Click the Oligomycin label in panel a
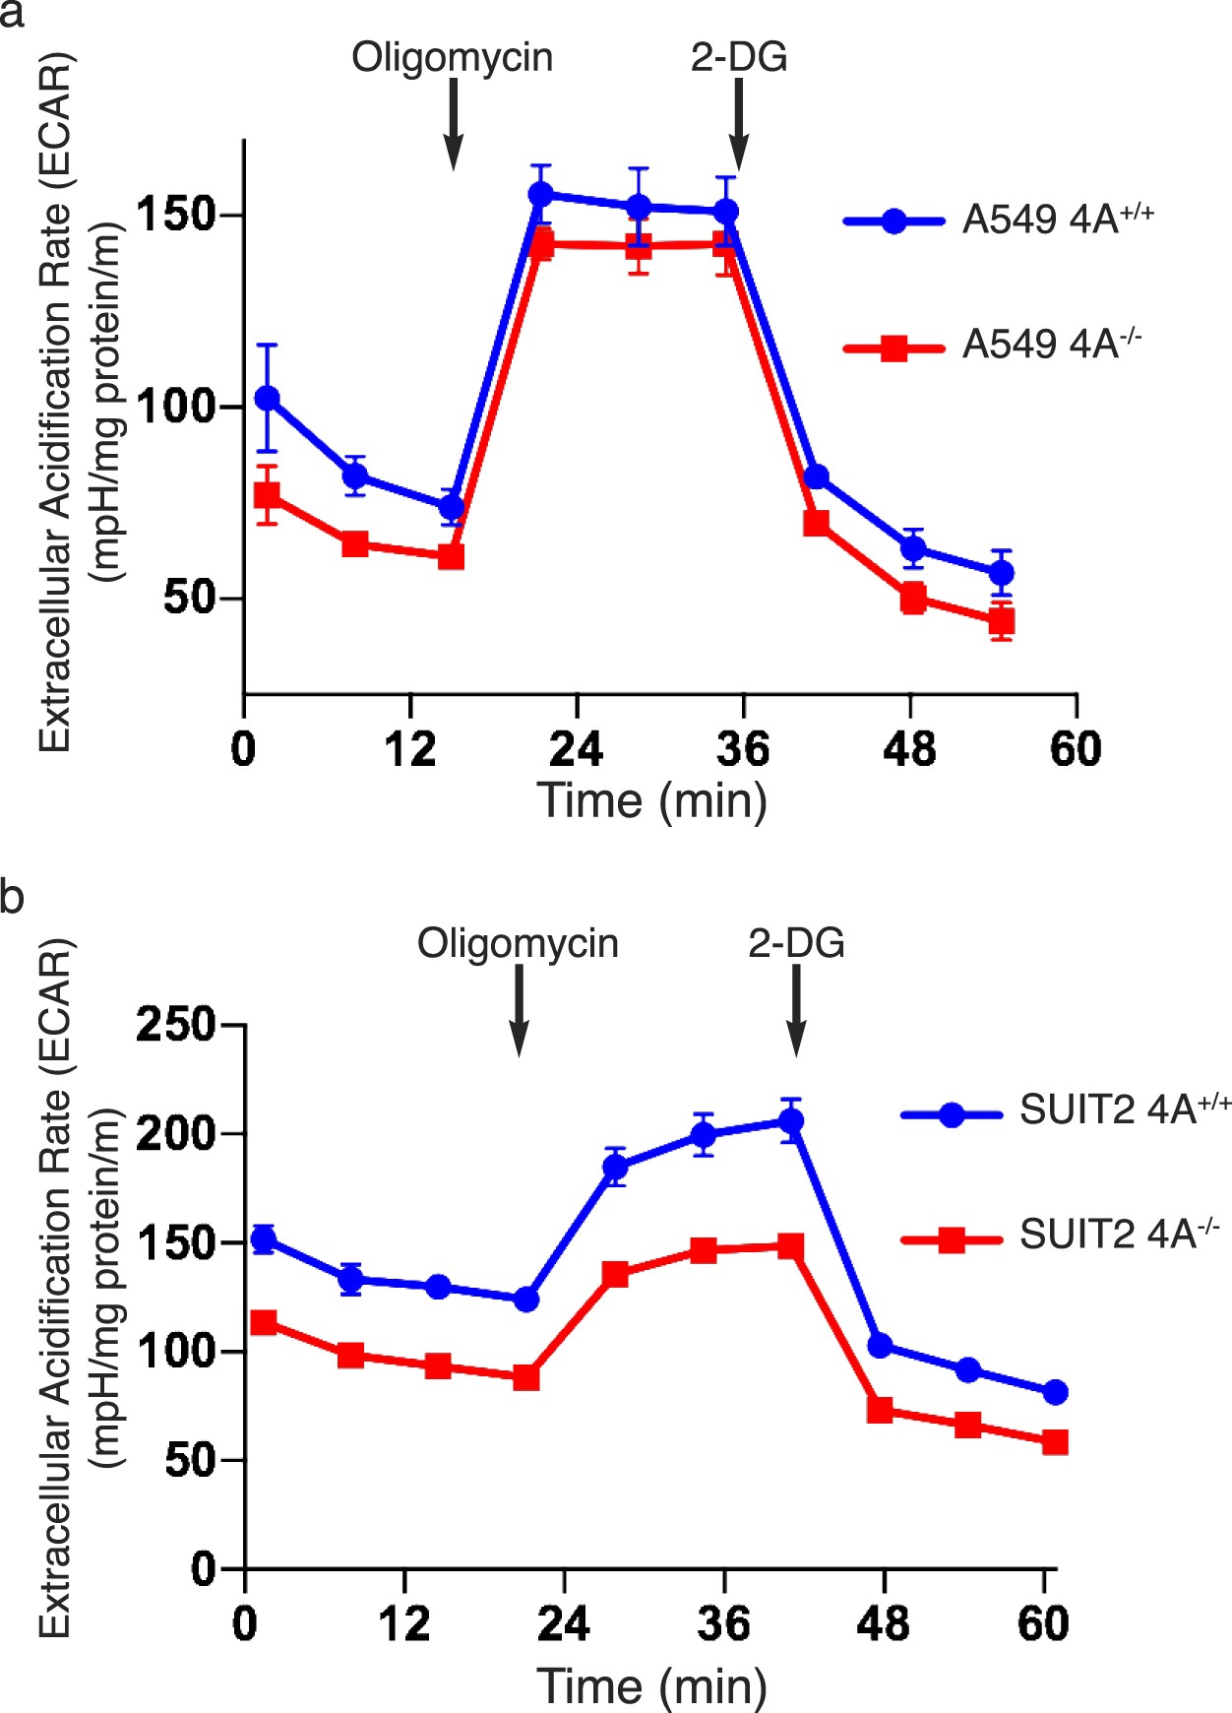click(x=452, y=58)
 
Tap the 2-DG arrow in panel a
click(x=739, y=124)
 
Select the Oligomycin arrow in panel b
click(x=519, y=1009)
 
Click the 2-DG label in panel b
click(x=796, y=943)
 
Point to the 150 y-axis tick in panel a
click(x=176, y=215)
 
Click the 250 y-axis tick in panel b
click(x=176, y=1025)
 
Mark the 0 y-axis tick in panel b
click(x=203, y=1567)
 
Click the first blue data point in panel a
click(x=267, y=398)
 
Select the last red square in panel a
click(x=1001, y=621)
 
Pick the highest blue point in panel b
click(x=791, y=1120)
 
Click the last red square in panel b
click(x=1055, y=1442)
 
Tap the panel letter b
click(x=13, y=898)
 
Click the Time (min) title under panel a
click(x=652, y=800)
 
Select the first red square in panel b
click(x=264, y=1322)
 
